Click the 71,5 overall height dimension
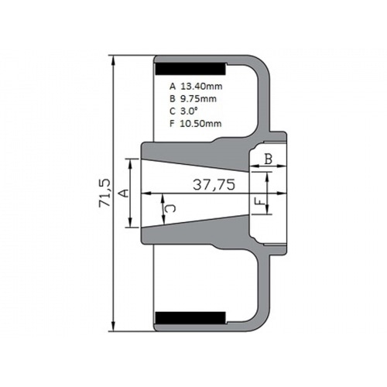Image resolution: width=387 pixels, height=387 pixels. [x=104, y=193]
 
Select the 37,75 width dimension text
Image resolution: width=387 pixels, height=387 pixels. [x=214, y=185]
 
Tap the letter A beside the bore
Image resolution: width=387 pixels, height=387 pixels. [x=124, y=193]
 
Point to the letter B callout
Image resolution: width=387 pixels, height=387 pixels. [x=269, y=159]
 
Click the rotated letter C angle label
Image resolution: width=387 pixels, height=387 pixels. [x=171, y=208]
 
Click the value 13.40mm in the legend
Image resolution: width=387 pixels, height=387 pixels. [x=201, y=86]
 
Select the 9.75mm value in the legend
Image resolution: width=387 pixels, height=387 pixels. [x=198, y=98]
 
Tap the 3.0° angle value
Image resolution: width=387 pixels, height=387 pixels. [x=190, y=111]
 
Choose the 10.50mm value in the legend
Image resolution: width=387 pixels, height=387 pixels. [x=200, y=123]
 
